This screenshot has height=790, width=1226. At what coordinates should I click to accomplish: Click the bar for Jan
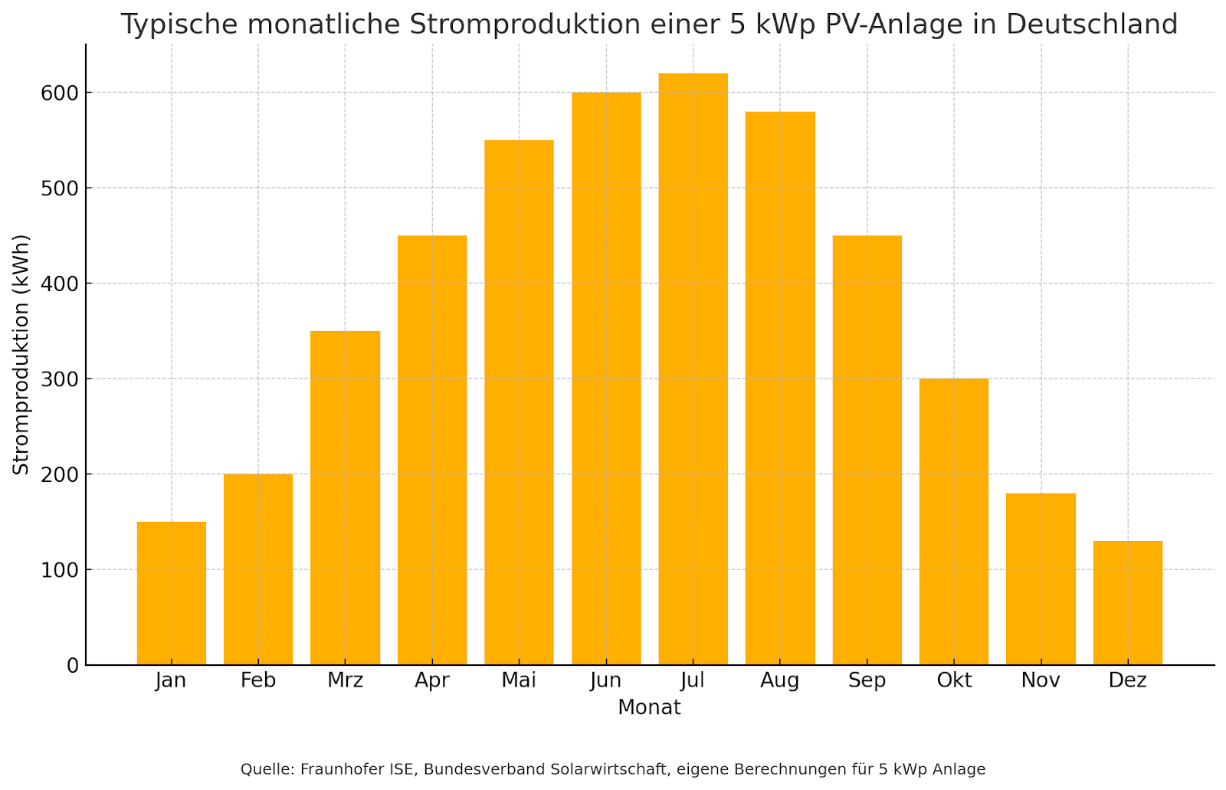pyautogui.click(x=172, y=593)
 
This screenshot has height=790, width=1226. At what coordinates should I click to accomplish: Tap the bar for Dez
pyautogui.click(x=1127, y=603)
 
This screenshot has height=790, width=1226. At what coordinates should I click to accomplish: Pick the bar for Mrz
pyautogui.click(x=345, y=498)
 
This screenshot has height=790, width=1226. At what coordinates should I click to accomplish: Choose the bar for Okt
pyautogui.click(x=953, y=522)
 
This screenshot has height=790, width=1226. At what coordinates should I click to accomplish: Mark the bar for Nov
pyautogui.click(x=1041, y=579)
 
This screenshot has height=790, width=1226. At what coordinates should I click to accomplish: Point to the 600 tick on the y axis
pyautogui.click(x=61, y=93)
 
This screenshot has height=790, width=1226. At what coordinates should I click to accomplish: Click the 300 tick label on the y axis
pyautogui.click(x=61, y=379)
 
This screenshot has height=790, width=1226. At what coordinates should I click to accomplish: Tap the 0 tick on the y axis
pyautogui.click(x=73, y=666)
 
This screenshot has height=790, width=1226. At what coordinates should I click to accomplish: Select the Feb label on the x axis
pyautogui.click(x=258, y=680)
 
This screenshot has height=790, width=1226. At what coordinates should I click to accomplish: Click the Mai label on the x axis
pyautogui.click(x=519, y=680)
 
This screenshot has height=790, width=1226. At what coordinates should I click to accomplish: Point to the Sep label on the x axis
pyautogui.click(x=867, y=680)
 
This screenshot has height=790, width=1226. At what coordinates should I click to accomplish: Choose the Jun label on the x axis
pyautogui.click(x=606, y=680)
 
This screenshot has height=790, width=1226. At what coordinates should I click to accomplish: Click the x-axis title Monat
pyautogui.click(x=649, y=707)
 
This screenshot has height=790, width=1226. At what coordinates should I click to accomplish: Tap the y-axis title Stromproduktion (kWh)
pyautogui.click(x=21, y=354)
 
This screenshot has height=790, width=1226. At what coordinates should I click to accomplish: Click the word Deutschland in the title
pyautogui.click(x=1092, y=25)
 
